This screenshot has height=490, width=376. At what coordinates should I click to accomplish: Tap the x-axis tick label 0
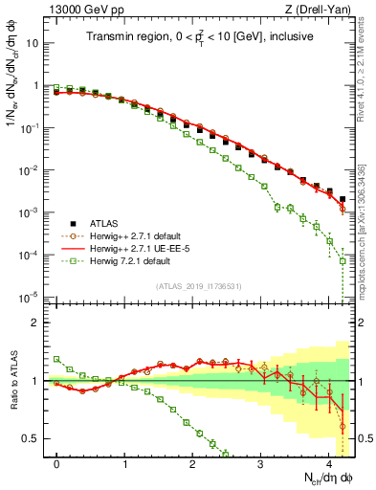click(x=57, y=463)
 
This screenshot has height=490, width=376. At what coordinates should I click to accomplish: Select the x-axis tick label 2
click(x=193, y=463)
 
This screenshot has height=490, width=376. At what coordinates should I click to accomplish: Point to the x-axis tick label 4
click(x=328, y=463)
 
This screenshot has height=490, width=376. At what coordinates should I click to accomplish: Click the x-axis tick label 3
click(x=260, y=463)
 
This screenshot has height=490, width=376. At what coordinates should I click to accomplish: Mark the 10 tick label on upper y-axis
click(x=33, y=44)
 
